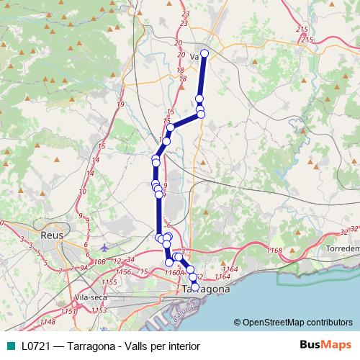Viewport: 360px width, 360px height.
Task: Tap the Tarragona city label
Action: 206,289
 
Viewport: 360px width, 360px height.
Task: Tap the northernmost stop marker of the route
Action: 204,53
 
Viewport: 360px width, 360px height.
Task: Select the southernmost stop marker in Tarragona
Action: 194,287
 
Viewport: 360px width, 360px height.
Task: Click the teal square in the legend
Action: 11,345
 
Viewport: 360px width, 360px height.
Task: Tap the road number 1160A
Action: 175,273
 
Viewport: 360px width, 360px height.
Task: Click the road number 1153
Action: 99,310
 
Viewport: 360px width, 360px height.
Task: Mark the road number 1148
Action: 48,320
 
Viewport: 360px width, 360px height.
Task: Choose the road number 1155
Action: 109,282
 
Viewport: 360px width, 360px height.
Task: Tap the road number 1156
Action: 123,272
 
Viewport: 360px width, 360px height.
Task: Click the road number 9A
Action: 84,268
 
